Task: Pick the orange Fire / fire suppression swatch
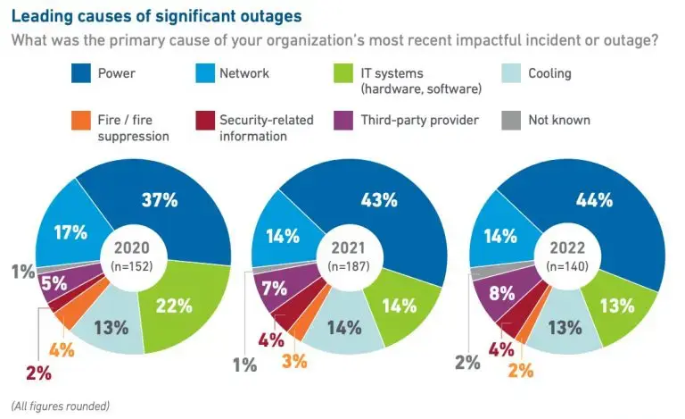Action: pyautogui.click(x=81, y=121)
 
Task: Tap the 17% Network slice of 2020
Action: pyautogui.click(x=70, y=233)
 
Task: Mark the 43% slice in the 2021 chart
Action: pyautogui.click(x=381, y=201)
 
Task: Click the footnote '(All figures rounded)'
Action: pyautogui.click(x=61, y=406)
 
